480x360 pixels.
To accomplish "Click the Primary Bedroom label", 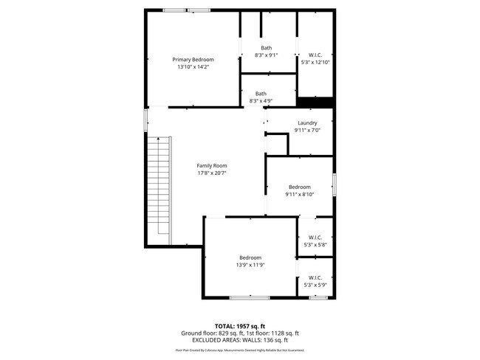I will (x=193, y=59).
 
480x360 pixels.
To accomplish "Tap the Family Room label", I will (x=211, y=166).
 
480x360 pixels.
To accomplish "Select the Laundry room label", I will (x=307, y=122).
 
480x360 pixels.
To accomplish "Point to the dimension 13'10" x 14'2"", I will (x=193, y=67).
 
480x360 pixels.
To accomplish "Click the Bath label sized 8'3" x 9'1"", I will (x=266, y=48).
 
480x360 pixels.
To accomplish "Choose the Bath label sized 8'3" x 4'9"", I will (x=261, y=94).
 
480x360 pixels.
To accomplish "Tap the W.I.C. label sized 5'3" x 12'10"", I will (x=315, y=55).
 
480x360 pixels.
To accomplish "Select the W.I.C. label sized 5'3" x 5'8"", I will (x=315, y=237).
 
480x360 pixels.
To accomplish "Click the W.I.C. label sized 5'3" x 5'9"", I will (x=315, y=277).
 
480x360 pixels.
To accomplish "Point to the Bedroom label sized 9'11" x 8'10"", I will (x=299, y=187).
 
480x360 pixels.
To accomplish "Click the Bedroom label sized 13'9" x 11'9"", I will (x=250, y=257).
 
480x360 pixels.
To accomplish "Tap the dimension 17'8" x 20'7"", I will (x=211, y=174).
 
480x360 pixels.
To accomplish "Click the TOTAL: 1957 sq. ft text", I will (x=240, y=325).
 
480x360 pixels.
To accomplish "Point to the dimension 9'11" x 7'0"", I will (x=307, y=131).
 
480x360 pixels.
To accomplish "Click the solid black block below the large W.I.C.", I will (x=315, y=101).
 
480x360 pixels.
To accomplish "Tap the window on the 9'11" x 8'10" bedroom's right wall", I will (x=334, y=184).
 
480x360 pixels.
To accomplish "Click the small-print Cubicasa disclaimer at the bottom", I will (x=240, y=350).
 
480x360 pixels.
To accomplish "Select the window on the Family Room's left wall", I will (x=145, y=119).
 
